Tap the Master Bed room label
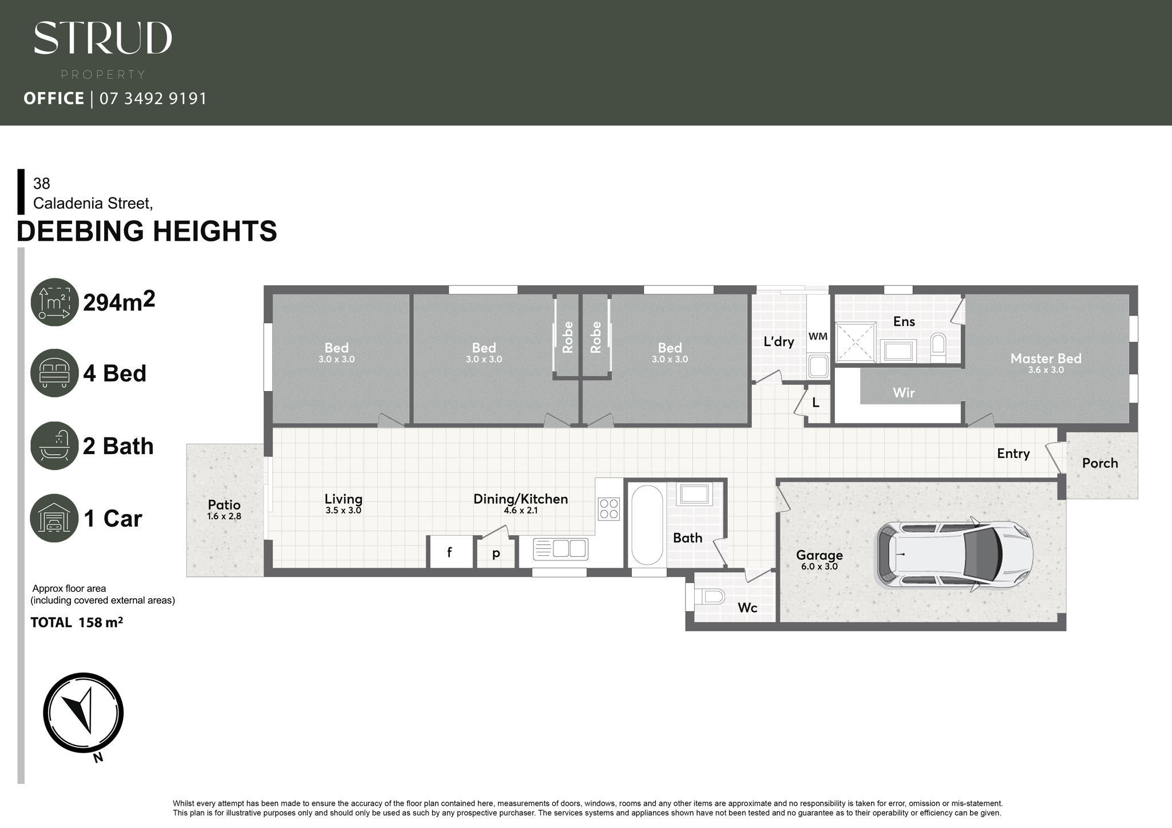(1046, 359)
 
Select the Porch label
(1100, 463)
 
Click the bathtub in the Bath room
(647, 526)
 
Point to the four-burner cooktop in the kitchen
(608, 509)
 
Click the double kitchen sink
(561, 549)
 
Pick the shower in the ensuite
(856, 342)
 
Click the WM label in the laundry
(818, 336)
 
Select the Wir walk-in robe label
(904, 393)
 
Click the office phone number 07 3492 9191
(153, 99)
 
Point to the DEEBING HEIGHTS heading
(147, 231)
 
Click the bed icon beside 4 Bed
(54, 373)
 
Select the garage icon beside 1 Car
(54, 518)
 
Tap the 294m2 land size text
(119, 301)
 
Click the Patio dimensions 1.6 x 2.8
(224, 516)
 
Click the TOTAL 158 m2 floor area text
(77, 622)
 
